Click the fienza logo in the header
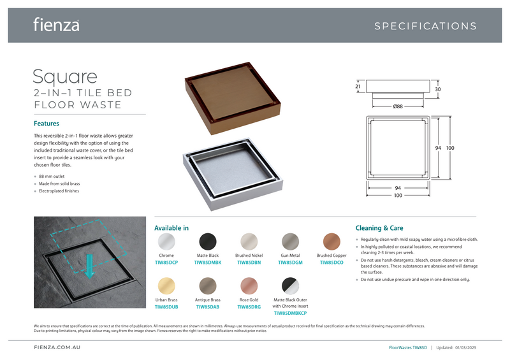tap(56, 25)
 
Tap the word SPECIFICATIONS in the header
tap(425, 26)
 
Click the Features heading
tap(47, 124)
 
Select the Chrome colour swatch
tap(166, 241)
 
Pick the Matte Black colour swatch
tap(208, 241)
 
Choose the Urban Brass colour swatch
tap(166, 286)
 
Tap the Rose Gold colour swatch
tap(249, 286)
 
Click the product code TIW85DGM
tap(290, 263)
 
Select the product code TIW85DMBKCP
tap(290, 313)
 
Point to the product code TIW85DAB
tap(208, 306)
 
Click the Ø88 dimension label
tap(398, 106)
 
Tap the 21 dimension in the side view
tap(358, 87)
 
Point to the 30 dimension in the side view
tap(438, 89)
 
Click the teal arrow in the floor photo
tap(89, 266)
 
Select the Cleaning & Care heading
tap(379, 228)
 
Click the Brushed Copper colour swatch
tap(331, 241)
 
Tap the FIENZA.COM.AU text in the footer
tap(57, 347)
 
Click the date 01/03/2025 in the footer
tap(466, 348)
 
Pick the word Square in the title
tap(65, 77)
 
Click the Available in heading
tap(171, 228)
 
